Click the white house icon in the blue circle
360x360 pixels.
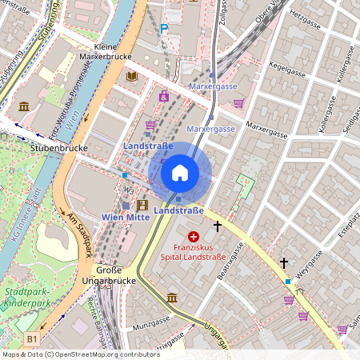(x=180, y=172)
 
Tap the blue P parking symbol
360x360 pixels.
(x=164, y=28)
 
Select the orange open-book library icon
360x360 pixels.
(x=132, y=76)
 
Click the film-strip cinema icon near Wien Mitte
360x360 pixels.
(x=142, y=205)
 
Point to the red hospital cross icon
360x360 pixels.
(x=194, y=237)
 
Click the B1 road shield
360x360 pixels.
(x=32, y=340)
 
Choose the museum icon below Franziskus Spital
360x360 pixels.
(x=172, y=298)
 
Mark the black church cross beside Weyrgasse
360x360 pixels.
(x=283, y=262)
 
